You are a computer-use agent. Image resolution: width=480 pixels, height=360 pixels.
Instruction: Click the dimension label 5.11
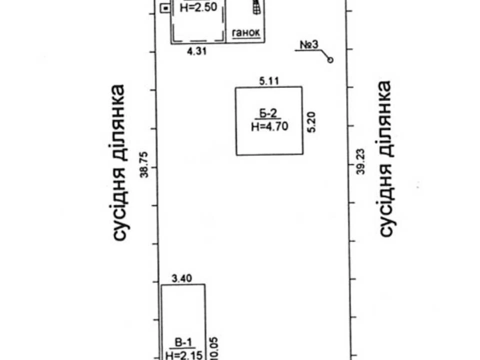(x=269, y=81)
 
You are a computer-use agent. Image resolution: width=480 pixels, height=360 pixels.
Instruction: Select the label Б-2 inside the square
(x=268, y=113)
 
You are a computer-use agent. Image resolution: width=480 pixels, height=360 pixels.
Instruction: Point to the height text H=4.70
(x=269, y=126)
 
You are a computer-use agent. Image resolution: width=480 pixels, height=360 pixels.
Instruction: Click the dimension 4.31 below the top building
(x=197, y=51)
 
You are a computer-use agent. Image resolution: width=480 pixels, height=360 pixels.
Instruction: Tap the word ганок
(x=246, y=32)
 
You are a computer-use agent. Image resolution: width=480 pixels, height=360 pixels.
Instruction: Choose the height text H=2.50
(x=198, y=7)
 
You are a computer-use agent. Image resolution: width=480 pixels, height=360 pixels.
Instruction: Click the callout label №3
(x=309, y=44)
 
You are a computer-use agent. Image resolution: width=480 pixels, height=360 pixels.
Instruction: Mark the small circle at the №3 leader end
(x=330, y=60)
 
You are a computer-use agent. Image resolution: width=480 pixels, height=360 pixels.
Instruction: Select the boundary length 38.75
(x=144, y=164)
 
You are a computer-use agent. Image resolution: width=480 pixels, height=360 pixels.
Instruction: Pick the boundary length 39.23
(x=361, y=161)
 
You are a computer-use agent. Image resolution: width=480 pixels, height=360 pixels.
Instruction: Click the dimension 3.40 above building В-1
(x=182, y=278)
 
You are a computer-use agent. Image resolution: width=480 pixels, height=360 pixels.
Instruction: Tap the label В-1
(x=183, y=342)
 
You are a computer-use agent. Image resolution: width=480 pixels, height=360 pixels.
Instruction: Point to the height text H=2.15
(x=184, y=355)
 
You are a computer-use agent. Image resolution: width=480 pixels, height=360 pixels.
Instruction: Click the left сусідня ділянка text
(x=119, y=162)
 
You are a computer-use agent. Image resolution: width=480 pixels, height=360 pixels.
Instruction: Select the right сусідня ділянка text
(x=385, y=158)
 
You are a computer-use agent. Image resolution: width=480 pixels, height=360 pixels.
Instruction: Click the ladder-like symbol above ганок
(x=256, y=6)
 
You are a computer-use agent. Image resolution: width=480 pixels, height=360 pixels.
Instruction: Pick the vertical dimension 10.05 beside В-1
(x=213, y=348)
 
